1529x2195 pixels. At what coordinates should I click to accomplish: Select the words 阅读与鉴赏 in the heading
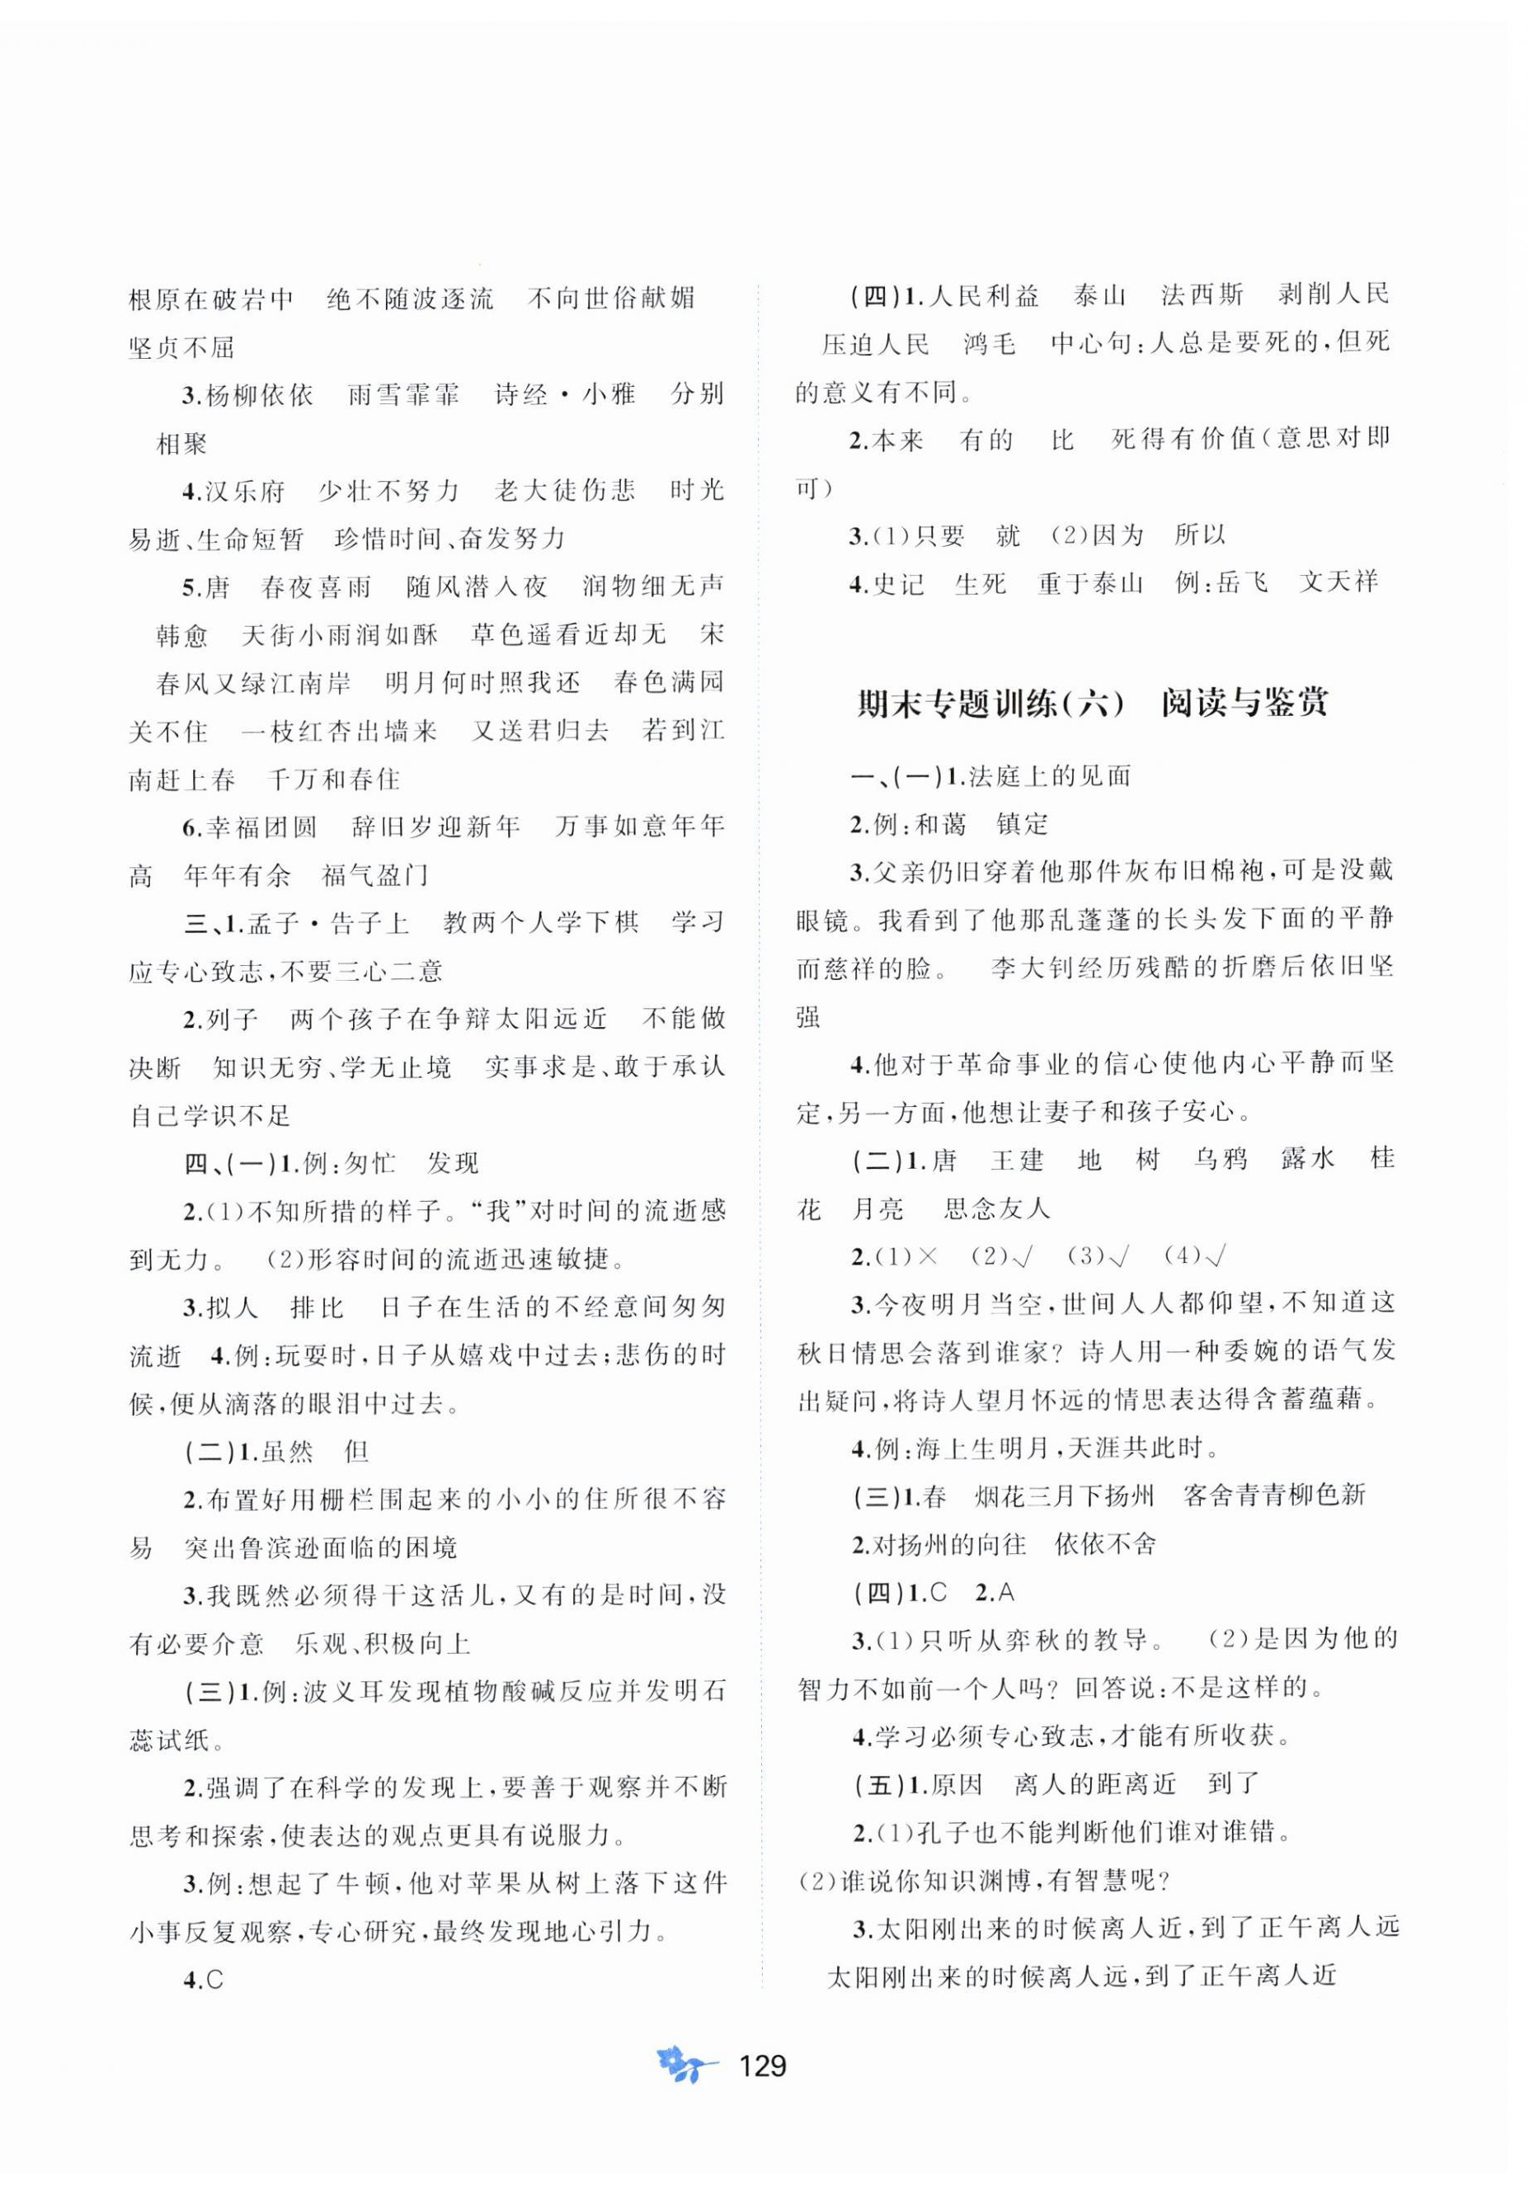pos(1244,704)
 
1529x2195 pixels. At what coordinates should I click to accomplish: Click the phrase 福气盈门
pos(375,874)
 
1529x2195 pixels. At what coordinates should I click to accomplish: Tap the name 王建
pos(1018,1160)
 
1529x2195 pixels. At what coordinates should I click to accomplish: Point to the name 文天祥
pos(1338,582)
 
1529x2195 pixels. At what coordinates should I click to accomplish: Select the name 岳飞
pos(1241,582)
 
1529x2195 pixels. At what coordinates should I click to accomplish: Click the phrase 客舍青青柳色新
pos(1274,1496)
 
